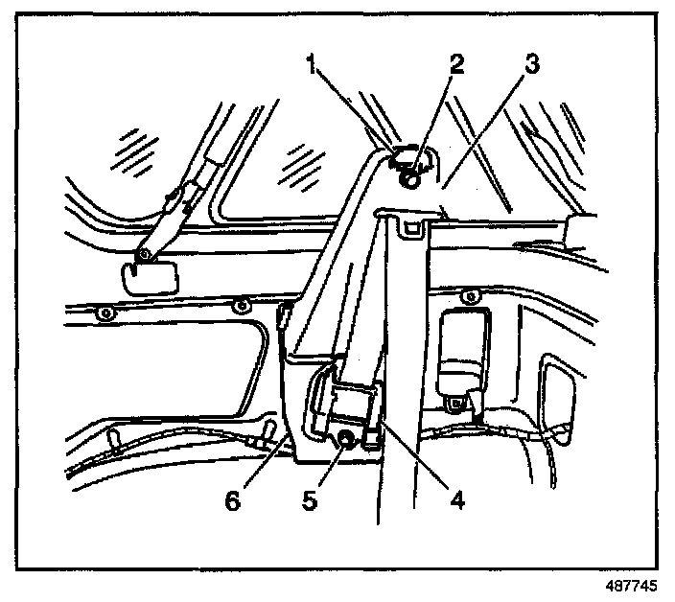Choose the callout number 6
click(230, 500)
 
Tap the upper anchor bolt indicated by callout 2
click(410, 175)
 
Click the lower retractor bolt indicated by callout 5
click(343, 441)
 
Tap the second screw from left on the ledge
click(241, 307)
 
